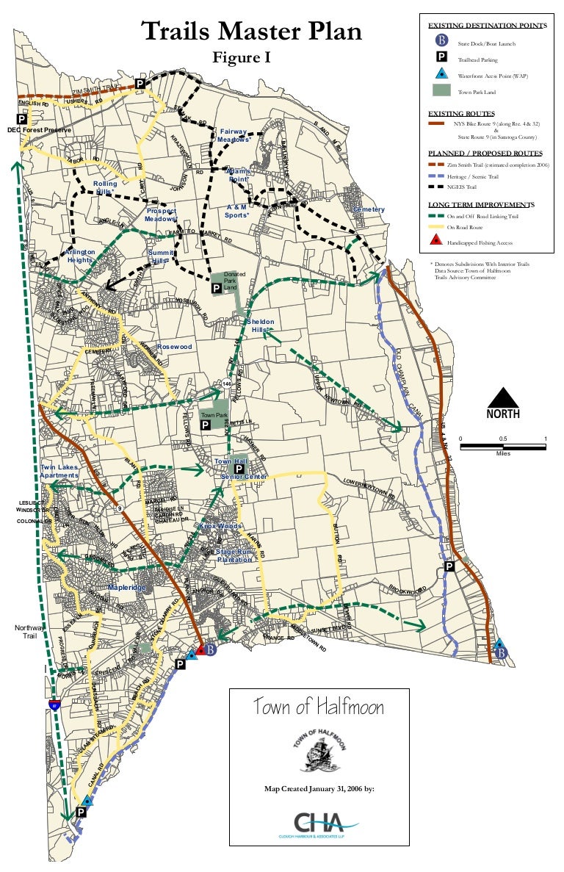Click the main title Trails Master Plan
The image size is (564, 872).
coord(251,32)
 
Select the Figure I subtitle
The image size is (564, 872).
coord(242,58)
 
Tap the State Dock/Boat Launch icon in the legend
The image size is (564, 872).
coord(441,41)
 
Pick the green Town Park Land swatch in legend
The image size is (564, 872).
coord(441,91)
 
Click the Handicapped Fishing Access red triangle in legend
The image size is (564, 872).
coord(435,241)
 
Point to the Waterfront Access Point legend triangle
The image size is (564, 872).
coord(441,74)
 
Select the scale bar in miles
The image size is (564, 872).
coord(503,444)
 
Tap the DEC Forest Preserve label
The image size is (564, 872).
coord(38,130)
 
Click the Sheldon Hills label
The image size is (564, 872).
coord(260,326)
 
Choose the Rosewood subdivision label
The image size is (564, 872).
coord(174,346)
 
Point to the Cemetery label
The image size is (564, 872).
coord(368,210)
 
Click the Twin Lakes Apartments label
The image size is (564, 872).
coord(59,472)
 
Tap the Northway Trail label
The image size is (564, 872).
coord(30,632)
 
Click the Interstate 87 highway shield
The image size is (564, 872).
coord(54,704)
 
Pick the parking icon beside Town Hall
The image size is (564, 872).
coord(239,468)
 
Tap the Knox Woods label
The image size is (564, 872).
coord(220,527)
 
